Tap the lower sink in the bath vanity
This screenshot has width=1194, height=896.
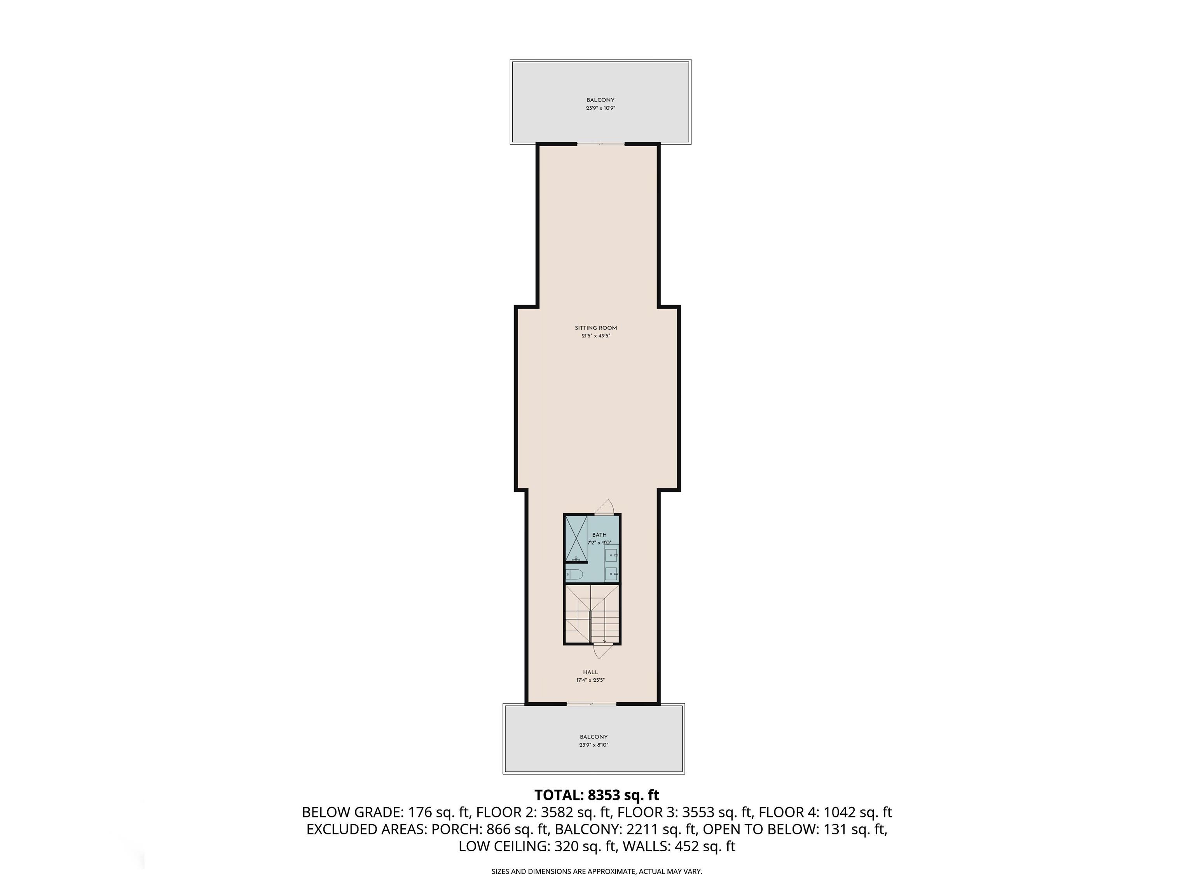point(611,574)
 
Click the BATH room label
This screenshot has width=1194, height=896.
point(599,535)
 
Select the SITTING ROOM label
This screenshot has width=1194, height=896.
point(596,328)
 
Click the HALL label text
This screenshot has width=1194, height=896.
point(590,672)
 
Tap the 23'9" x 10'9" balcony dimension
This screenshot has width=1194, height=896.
point(601,108)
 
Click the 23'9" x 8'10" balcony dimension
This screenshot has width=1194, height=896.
point(594,745)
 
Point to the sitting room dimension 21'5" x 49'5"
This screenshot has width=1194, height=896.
point(596,336)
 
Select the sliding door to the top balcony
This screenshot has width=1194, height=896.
point(601,143)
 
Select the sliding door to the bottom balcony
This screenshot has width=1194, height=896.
point(592,704)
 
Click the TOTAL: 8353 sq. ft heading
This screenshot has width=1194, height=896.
point(597,795)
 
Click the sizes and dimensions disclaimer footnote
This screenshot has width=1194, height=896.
point(597,871)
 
